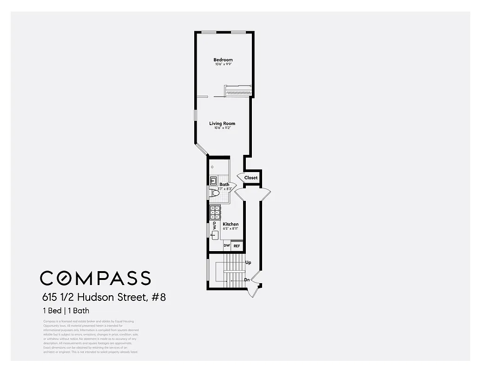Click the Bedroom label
click(x=223, y=60)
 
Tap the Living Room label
click(x=222, y=123)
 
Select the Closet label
click(x=251, y=178)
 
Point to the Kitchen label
click(x=230, y=224)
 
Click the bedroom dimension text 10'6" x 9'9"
click(x=223, y=64)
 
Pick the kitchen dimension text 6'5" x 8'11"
click(x=230, y=229)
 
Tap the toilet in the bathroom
click(x=214, y=193)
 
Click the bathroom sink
click(x=214, y=180)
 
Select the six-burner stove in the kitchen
click(x=215, y=213)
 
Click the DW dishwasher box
click(x=227, y=246)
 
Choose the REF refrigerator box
click(x=237, y=246)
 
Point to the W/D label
click(x=214, y=226)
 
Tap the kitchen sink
click(x=215, y=235)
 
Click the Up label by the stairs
click(x=248, y=263)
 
